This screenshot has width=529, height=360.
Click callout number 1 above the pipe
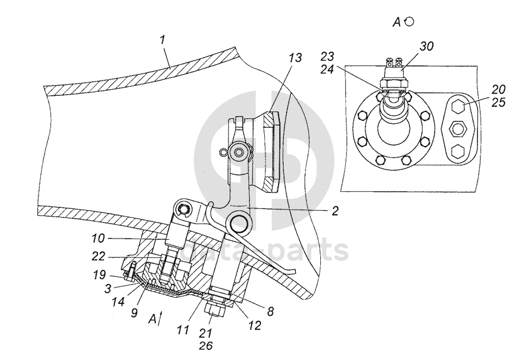coord(162,39)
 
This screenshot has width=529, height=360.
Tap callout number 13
coord(295,58)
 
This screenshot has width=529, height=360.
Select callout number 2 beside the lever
coord(336,211)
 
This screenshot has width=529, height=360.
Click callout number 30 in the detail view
coord(426,46)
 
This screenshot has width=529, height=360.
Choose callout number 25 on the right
coord(499,102)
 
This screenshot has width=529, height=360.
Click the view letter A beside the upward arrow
coord(152,319)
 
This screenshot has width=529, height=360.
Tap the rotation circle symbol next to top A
coord(410,21)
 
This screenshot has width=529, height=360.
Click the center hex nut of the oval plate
coord(457,130)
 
